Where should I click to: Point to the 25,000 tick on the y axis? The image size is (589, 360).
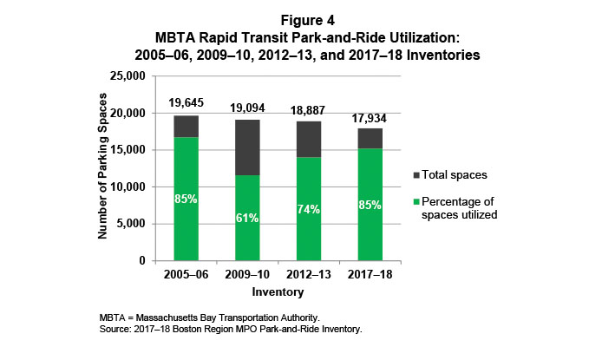pyautogui.click(x=130, y=76)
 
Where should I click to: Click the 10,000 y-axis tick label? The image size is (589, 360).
pyautogui.click(x=130, y=187)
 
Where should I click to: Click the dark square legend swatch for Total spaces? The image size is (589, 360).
pyautogui.click(x=419, y=174)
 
